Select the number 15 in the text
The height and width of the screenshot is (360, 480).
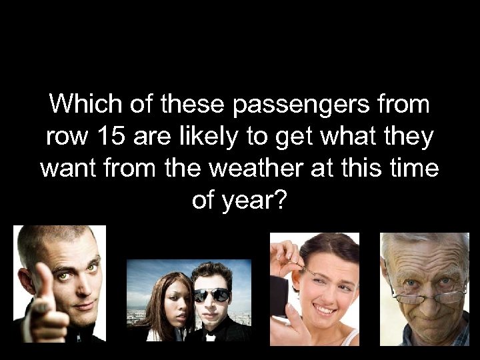pyautogui.click(x=107, y=137)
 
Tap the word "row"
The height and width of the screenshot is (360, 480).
pyautogui.click(x=65, y=137)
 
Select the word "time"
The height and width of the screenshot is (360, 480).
pyautogui.click(x=411, y=168)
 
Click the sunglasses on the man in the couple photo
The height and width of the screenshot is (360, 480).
pyautogui.click(x=212, y=294)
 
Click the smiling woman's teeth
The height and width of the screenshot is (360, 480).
pyautogui.click(x=325, y=310)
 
